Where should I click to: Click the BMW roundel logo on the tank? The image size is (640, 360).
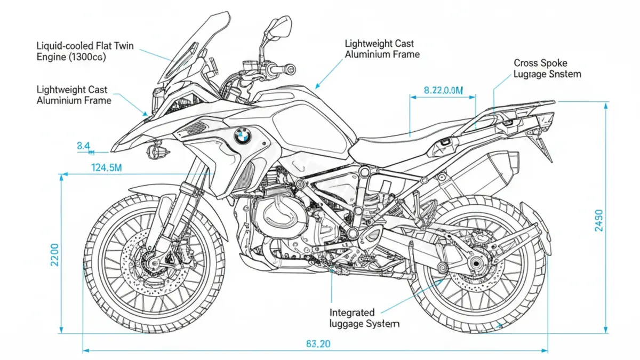[x=242, y=136]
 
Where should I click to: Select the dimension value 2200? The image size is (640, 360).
[x=54, y=257]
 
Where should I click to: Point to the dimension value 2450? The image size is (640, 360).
[x=598, y=220]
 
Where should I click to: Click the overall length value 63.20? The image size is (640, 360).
[x=318, y=344]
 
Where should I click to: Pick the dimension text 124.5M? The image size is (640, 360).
[x=107, y=168]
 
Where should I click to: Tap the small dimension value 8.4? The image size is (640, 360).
[x=83, y=145]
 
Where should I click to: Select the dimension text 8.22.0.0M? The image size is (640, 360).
[x=443, y=91]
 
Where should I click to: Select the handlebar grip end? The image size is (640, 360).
[x=290, y=69]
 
